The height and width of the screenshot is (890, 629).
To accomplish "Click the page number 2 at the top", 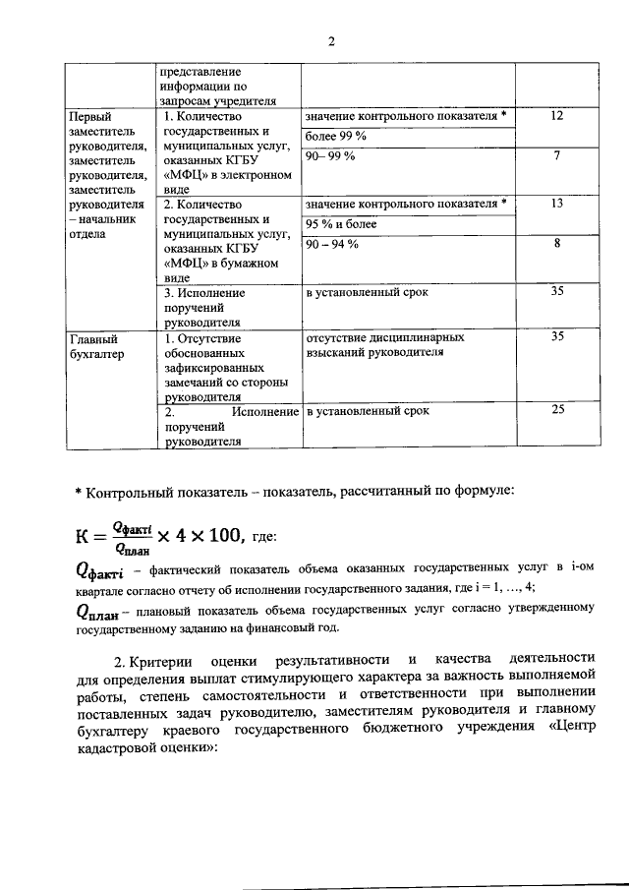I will click(x=331, y=41).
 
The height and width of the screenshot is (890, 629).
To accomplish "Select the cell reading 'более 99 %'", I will click(x=335, y=136).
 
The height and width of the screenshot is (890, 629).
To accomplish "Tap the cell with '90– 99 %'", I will click(x=330, y=156).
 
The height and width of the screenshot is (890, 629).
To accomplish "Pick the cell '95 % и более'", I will click(x=341, y=224).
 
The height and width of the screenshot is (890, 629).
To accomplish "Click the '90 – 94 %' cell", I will click(x=332, y=244).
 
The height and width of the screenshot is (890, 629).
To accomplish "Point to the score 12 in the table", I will click(x=557, y=116).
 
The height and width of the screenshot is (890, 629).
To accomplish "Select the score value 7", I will click(x=557, y=156).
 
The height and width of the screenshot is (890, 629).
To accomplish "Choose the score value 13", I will click(x=557, y=204).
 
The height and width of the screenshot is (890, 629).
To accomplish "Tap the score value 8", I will click(x=557, y=244).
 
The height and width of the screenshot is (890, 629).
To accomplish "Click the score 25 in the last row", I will click(x=557, y=409).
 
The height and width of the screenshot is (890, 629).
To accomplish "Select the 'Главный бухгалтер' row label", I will click(x=96, y=346).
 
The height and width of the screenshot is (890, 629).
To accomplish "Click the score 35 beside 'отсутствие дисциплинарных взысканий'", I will click(x=557, y=336).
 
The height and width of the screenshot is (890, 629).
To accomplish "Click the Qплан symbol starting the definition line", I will click(x=96, y=611).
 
